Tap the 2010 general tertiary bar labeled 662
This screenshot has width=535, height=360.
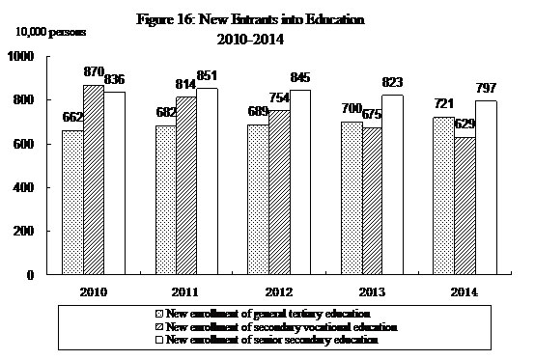(x=71, y=202)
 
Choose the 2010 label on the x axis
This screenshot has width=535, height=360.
(x=95, y=290)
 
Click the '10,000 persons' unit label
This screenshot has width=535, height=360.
(x=48, y=32)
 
